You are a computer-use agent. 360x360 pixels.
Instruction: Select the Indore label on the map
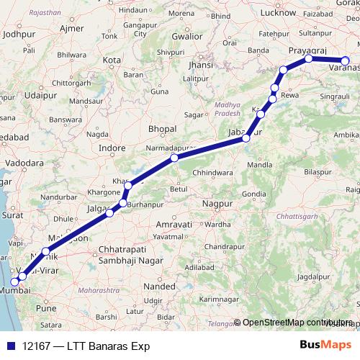[112, 148]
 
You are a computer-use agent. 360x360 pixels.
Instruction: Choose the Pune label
[46, 307]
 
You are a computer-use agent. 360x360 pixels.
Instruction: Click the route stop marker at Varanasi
[346, 61]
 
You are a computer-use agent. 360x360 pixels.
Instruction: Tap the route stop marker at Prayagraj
[308, 58]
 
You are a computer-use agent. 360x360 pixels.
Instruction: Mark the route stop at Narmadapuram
[174, 158]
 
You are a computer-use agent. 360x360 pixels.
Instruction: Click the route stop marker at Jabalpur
[246, 138]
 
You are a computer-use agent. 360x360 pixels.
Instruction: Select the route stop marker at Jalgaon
[109, 212]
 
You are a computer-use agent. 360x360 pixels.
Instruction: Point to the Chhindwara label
[215, 173]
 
